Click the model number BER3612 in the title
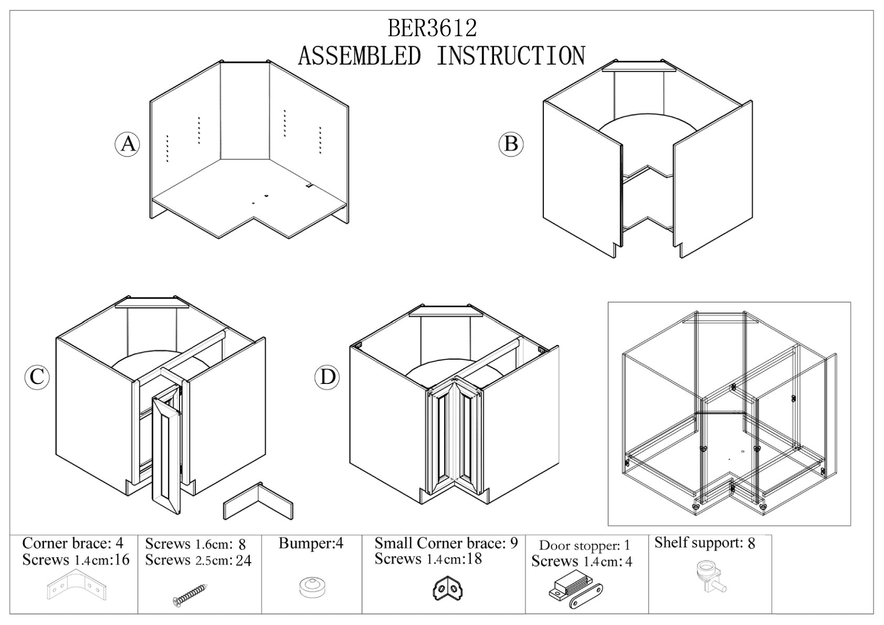click(432, 28)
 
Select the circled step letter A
click(128, 143)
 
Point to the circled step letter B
click(511, 143)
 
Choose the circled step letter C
click(37, 377)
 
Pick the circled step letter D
click(328, 377)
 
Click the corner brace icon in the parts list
click(73, 587)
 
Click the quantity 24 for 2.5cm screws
click(243, 561)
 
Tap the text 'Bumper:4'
click(311, 544)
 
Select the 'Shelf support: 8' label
click(704, 543)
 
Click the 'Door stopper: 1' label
click(584, 546)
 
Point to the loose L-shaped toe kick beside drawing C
click(258, 502)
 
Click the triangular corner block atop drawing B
click(638, 67)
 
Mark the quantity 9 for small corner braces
click(513, 543)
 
